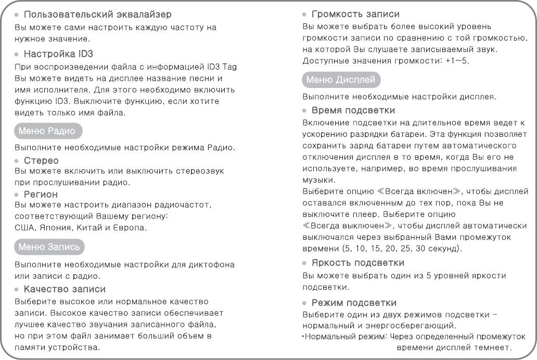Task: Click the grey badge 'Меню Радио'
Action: (x=47, y=131)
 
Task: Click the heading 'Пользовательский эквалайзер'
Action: (x=98, y=15)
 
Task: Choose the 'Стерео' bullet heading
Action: (x=42, y=160)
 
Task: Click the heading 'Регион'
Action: (x=41, y=194)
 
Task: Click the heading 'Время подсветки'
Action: (x=353, y=110)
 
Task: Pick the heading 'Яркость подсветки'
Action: (x=358, y=263)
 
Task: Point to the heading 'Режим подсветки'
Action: (x=354, y=302)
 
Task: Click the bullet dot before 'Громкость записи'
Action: (x=305, y=15)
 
